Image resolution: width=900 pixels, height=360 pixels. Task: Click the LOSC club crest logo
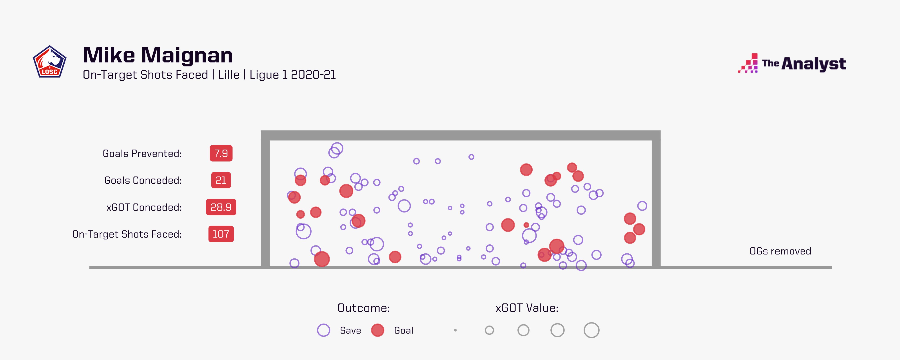(x=50, y=62)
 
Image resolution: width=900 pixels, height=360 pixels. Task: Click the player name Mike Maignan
(x=158, y=55)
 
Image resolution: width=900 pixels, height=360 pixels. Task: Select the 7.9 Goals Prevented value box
(x=221, y=153)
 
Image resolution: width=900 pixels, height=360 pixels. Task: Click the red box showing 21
(x=221, y=180)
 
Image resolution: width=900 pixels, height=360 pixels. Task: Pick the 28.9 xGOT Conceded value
(x=221, y=207)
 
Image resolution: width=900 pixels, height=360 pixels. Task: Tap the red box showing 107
(x=221, y=234)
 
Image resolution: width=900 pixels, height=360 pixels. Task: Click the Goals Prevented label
(x=142, y=153)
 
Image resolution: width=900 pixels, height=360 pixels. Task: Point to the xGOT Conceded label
(x=144, y=207)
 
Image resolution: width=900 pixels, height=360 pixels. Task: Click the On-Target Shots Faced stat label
(x=127, y=234)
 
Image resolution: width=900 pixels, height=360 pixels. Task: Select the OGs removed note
(x=780, y=251)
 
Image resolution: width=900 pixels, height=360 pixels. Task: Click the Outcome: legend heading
(x=363, y=308)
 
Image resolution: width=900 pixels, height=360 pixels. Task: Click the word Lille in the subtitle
(x=229, y=75)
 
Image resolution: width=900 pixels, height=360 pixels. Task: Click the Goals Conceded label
(x=143, y=180)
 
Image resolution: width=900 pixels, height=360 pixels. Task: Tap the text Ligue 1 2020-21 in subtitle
(x=292, y=75)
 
